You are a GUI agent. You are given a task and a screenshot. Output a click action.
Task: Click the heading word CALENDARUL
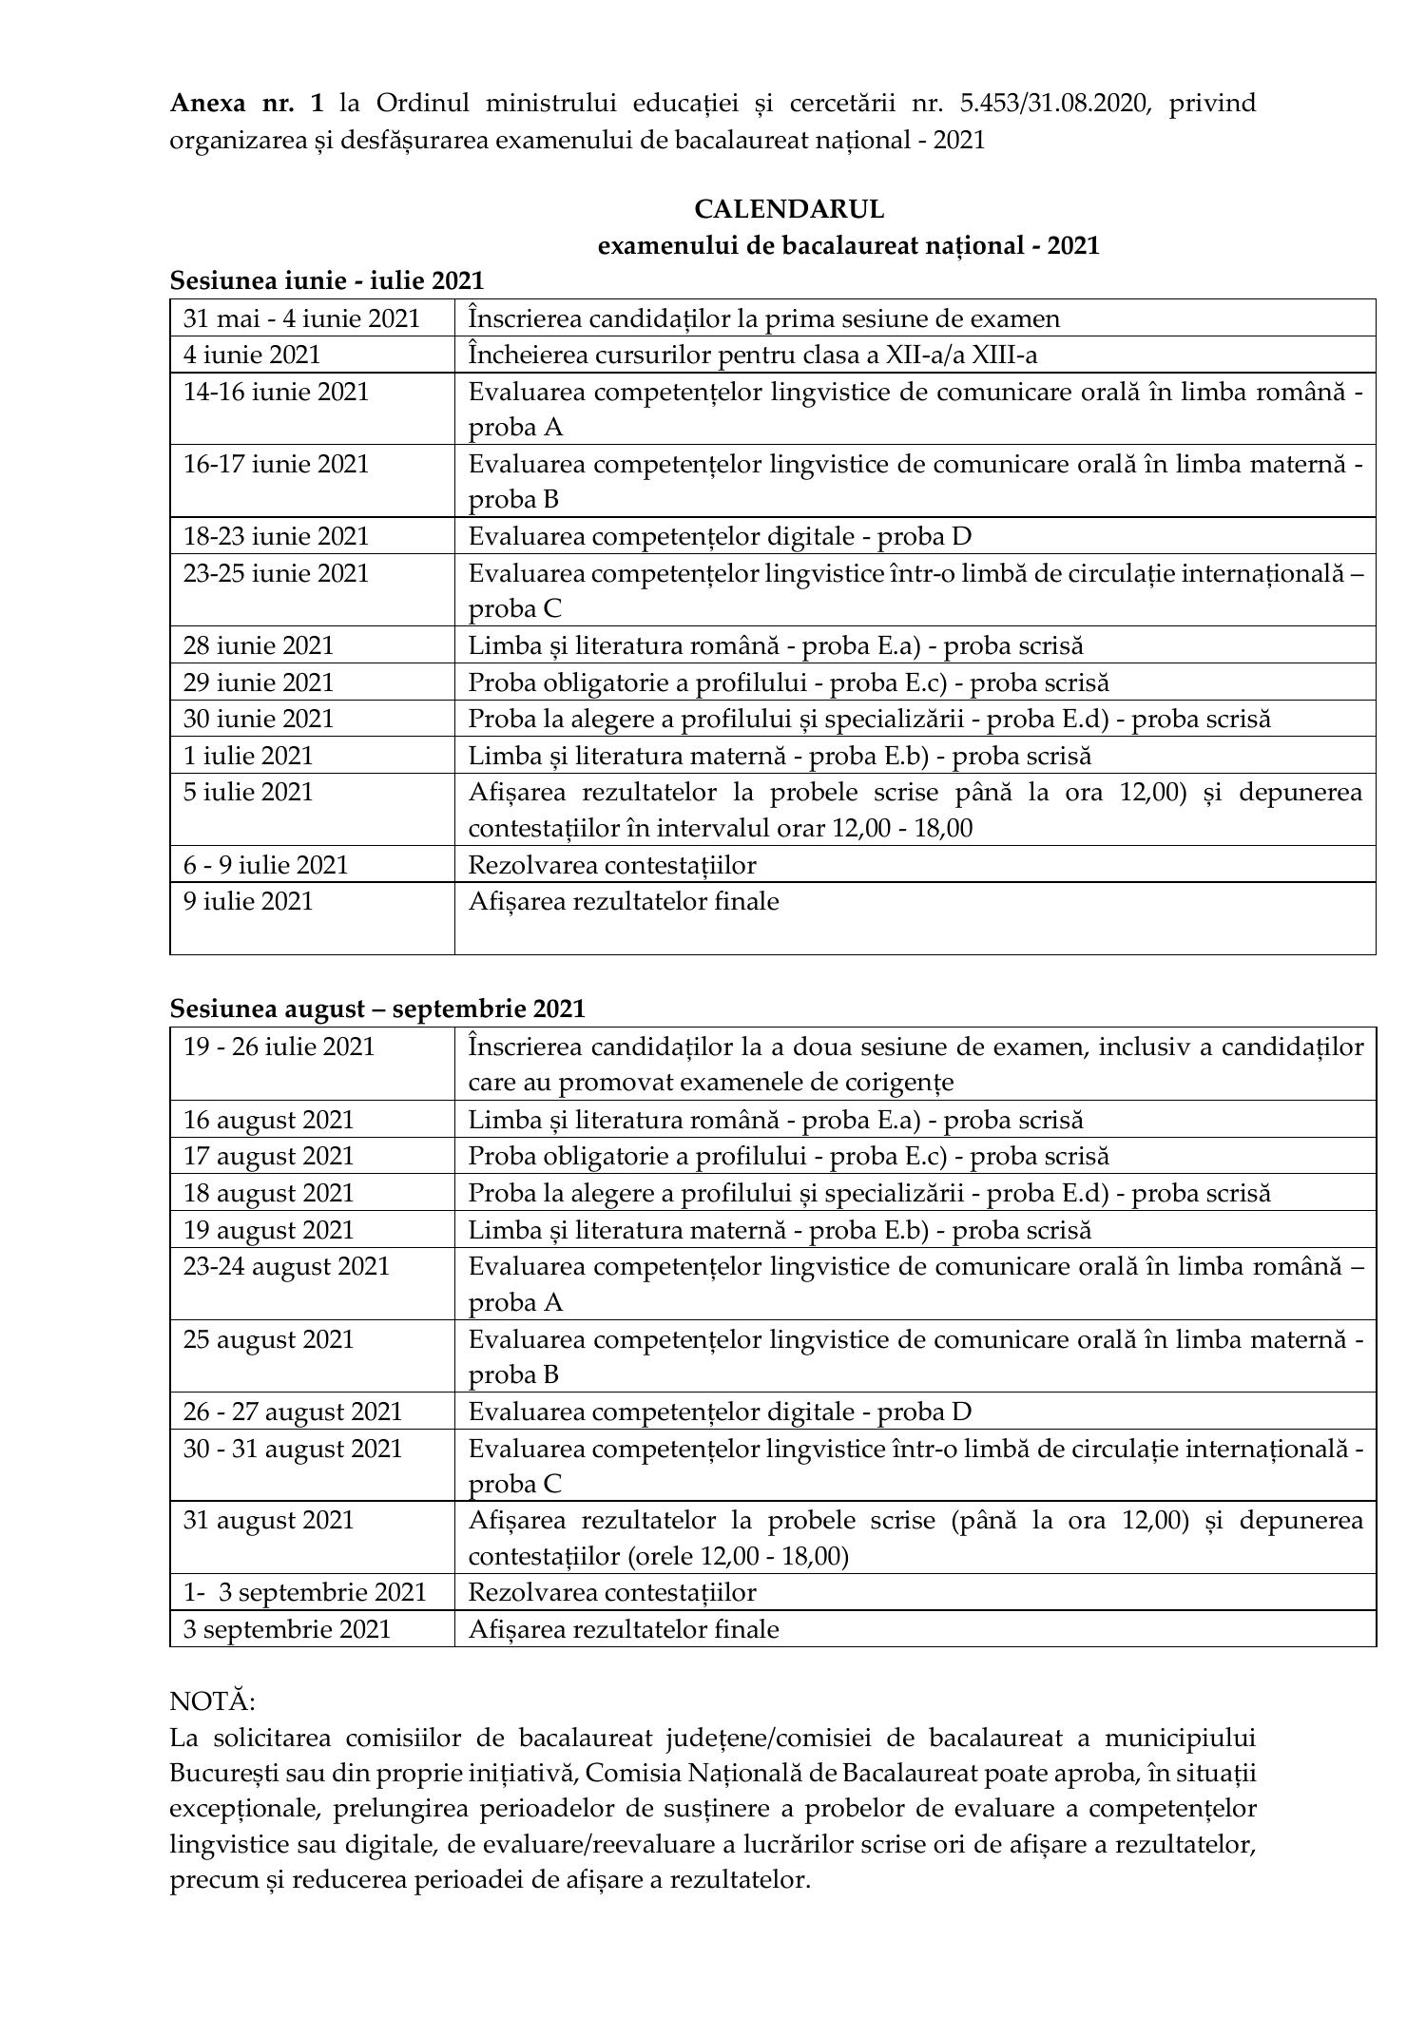789,208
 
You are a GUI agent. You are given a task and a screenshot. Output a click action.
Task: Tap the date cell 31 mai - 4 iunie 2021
301,318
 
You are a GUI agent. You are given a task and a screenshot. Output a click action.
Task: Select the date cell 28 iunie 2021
259,645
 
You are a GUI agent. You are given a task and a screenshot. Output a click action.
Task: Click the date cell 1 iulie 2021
248,756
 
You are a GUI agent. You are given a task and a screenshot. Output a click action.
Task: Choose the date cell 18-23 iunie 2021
276,536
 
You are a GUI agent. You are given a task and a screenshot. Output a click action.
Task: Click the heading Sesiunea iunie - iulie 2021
327,280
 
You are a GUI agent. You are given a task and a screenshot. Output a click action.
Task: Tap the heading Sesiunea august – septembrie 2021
377,1008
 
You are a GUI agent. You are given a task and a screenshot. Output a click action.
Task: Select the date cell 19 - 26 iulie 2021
279,1047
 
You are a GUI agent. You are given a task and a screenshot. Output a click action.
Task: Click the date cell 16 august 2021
268,1120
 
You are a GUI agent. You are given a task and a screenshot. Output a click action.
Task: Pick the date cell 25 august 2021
268,1339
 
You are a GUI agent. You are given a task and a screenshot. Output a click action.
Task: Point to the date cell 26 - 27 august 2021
293,1412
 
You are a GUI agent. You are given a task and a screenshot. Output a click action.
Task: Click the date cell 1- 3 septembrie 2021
305,1592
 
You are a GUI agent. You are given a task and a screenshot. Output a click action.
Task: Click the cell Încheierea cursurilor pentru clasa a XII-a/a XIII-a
753,355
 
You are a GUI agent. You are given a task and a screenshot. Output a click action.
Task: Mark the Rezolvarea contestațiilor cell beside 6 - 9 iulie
612,865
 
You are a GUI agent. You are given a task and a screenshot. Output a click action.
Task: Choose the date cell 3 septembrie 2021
287,1629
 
